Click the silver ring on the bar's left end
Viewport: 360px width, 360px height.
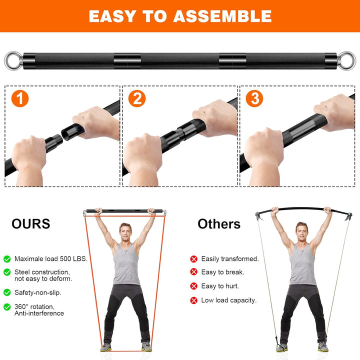click(x=11, y=61)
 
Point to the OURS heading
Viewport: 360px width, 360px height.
click(x=31, y=223)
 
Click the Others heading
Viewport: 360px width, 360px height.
click(x=219, y=223)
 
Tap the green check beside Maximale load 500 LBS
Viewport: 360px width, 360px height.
click(x=7, y=259)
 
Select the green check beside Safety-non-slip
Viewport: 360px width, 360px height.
click(x=7, y=291)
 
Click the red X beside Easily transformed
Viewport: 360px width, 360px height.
click(x=193, y=259)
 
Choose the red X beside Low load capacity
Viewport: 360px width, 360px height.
click(x=193, y=300)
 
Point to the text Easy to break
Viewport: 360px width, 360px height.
click(x=222, y=272)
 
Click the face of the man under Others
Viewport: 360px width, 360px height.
click(x=301, y=231)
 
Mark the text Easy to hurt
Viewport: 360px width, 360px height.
click(x=220, y=286)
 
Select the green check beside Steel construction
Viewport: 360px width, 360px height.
click(x=7, y=272)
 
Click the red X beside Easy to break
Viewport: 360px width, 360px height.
click(x=193, y=272)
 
